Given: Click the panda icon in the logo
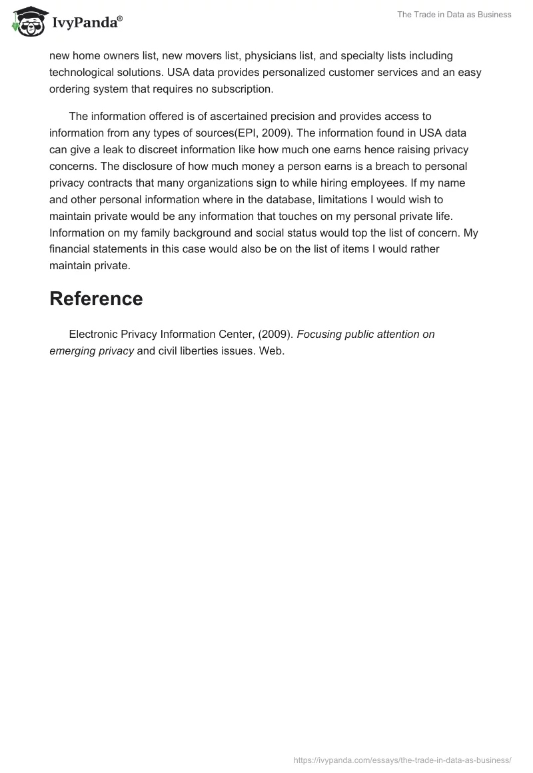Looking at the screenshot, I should tap(27, 22).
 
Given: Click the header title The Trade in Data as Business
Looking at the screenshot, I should tap(454, 15).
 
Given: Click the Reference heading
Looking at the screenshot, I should tap(96, 299).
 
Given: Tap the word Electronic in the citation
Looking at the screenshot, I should tap(95, 335).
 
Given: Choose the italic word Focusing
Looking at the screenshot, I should tap(323, 335).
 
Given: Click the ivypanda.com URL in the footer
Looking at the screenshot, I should tap(402, 760).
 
